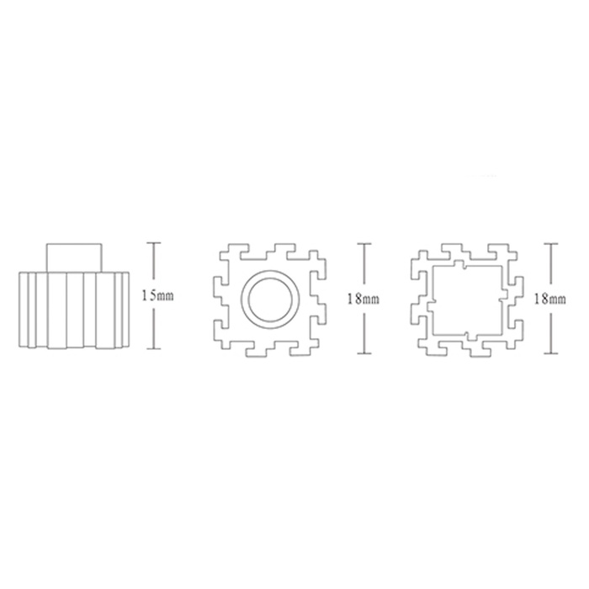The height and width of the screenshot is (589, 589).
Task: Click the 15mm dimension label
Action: click(x=157, y=296)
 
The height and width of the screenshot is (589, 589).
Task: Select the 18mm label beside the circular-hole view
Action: click(x=363, y=299)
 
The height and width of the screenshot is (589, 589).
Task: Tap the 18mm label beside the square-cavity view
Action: click(x=550, y=299)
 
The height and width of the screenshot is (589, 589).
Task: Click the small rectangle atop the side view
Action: click(x=74, y=257)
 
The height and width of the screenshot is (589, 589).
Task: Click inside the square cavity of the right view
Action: click(x=468, y=300)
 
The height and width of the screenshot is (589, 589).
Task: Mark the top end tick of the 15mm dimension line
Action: click(x=153, y=243)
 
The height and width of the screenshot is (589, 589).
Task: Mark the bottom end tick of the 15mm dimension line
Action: click(x=153, y=349)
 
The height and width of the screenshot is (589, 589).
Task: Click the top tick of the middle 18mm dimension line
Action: click(x=364, y=243)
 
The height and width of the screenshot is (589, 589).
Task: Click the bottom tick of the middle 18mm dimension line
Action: click(x=364, y=353)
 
